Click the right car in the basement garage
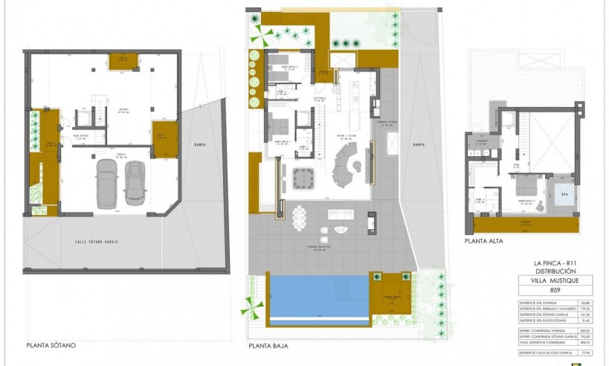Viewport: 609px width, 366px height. (135, 182)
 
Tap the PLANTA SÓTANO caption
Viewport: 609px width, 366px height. (51, 345)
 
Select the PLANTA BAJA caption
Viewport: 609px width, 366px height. (268, 346)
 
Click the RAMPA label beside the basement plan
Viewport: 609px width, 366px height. (199, 144)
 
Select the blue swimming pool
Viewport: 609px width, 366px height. (316, 296)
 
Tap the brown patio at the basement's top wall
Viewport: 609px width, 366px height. (120, 60)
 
